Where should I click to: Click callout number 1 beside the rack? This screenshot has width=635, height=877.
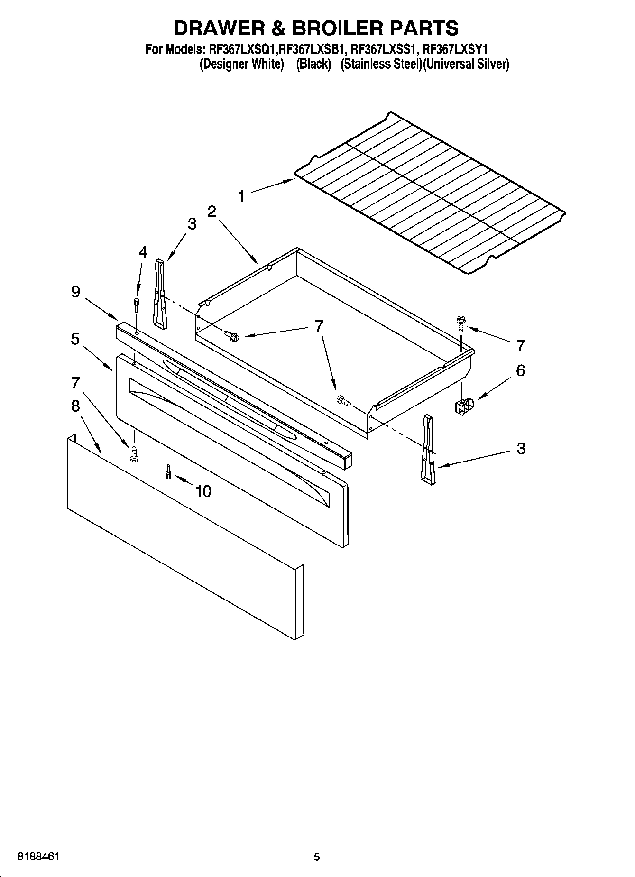(x=241, y=195)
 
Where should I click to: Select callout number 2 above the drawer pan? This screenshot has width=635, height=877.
(x=212, y=212)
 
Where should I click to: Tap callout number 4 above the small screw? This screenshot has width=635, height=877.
(x=143, y=252)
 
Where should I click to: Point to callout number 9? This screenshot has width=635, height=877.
(x=75, y=292)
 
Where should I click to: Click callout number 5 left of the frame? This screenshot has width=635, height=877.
(x=75, y=339)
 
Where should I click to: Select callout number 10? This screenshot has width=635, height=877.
(x=203, y=491)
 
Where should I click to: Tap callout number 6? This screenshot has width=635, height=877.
(x=520, y=370)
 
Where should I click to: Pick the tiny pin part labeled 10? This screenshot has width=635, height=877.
(x=168, y=472)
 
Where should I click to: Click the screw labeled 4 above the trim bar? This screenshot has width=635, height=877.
(x=137, y=304)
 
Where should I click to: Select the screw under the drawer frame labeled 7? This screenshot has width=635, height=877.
(x=134, y=454)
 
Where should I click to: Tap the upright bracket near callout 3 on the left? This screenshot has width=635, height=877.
(x=160, y=293)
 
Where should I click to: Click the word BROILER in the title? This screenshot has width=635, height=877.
(x=338, y=28)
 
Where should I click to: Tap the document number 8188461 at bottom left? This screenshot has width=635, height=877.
(x=38, y=857)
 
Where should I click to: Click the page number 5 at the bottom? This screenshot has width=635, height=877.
(x=317, y=857)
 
